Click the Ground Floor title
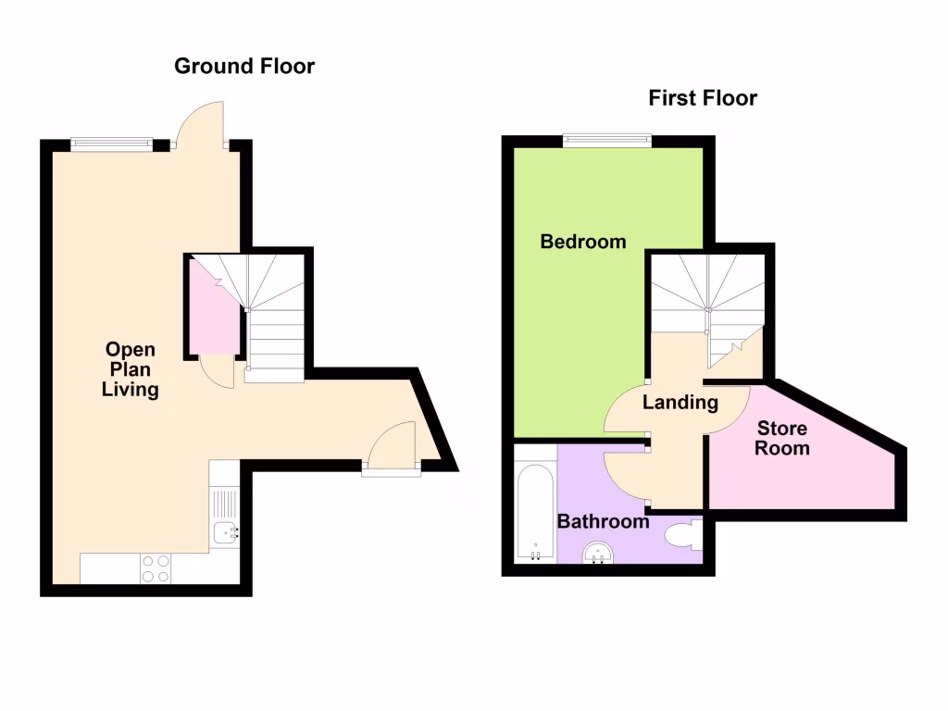(244, 66)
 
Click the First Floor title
(703, 97)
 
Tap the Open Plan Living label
(130, 369)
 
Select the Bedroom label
(583, 242)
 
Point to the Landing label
(680, 402)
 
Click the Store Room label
(782, 438)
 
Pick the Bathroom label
(603, 521)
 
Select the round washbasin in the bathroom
(598, 554)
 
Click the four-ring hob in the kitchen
(155, 568)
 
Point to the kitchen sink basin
(223, 532)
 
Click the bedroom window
(606, 141)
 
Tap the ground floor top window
(111, 143)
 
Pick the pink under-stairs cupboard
(214, 310)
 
